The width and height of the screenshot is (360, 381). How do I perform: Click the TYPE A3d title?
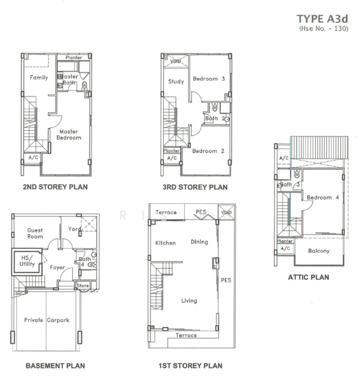(x=323, y=19)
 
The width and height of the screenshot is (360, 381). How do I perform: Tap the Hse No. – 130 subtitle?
(x=324, y=29)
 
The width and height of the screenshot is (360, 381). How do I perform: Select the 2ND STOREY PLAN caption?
(x=55, y=187)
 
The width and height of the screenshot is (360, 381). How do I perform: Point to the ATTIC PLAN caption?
(x=309, y=277)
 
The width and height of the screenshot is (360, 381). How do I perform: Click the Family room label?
(x=39, y=77)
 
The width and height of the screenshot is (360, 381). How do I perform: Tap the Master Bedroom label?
(x=69, y=135)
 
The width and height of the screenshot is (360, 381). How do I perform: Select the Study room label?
(x=176, y=81)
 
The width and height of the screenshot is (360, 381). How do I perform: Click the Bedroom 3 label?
(x=209, y=79)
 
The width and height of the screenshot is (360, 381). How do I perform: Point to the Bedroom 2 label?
(x=208, y=151)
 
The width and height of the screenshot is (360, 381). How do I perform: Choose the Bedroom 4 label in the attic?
(x=323, y=197)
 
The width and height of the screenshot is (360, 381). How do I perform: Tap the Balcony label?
(x=319, y=251)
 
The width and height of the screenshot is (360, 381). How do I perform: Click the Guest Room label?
(x=35, y=233)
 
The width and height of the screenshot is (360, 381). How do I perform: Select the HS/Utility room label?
(x=27, y=261)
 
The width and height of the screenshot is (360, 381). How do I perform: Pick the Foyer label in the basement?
(x=57, y=267)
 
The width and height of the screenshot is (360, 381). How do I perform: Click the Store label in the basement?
(x=83, y=286)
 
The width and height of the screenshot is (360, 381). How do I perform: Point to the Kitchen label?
(x=166, y=243)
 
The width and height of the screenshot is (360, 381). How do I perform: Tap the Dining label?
(x=199, y=242)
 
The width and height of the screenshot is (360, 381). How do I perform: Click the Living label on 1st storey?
(x=189, y=301)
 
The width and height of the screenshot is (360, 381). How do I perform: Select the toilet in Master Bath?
(x=84, y=86)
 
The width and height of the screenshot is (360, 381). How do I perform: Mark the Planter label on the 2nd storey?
(x=74, y=58)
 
